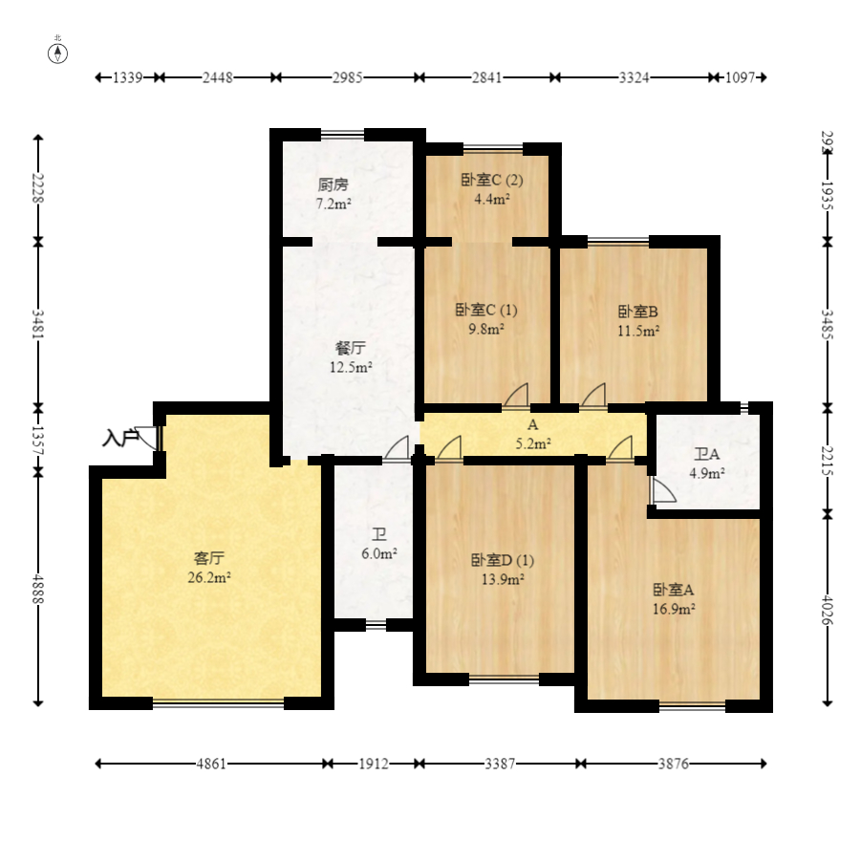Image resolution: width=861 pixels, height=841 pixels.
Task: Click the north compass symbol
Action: tap(57, 54)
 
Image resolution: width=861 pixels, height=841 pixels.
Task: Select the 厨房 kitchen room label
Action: tap(334, 184)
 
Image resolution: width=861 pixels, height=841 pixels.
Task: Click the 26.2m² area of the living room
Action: tap(209, 578)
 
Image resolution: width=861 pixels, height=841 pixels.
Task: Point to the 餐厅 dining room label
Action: tap(351, 348)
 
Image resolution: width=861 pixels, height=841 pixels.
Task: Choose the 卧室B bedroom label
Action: tap(638, 312)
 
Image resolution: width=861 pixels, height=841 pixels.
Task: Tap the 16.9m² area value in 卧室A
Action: tap(674, 609)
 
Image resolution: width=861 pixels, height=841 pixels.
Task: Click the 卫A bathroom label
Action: tap(707, 454)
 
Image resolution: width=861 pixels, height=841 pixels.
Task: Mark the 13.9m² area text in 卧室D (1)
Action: tap(503, 579)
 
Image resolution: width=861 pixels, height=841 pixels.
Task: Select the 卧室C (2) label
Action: tap(492, 180)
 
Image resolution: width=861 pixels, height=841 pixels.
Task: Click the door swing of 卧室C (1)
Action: tap(516, 396)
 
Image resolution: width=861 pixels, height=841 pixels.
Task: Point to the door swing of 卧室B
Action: tap(593, 396)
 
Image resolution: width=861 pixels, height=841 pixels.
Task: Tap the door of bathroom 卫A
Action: tap(663, 489)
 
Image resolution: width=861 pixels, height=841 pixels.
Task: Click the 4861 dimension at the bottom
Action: tap(211, 764)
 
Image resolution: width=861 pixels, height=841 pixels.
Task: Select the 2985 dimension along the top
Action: tap(347, 77)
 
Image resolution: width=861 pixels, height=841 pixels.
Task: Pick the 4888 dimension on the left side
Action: tap(37, 589)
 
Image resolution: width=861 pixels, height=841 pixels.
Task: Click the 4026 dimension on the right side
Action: tap(827, 609)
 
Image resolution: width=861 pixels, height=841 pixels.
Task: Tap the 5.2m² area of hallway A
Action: tap(533, 443)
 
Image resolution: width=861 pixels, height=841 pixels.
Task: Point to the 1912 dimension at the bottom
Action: tap(374, 764)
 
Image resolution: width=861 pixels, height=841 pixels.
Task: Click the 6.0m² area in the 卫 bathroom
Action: tap(379, 553)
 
